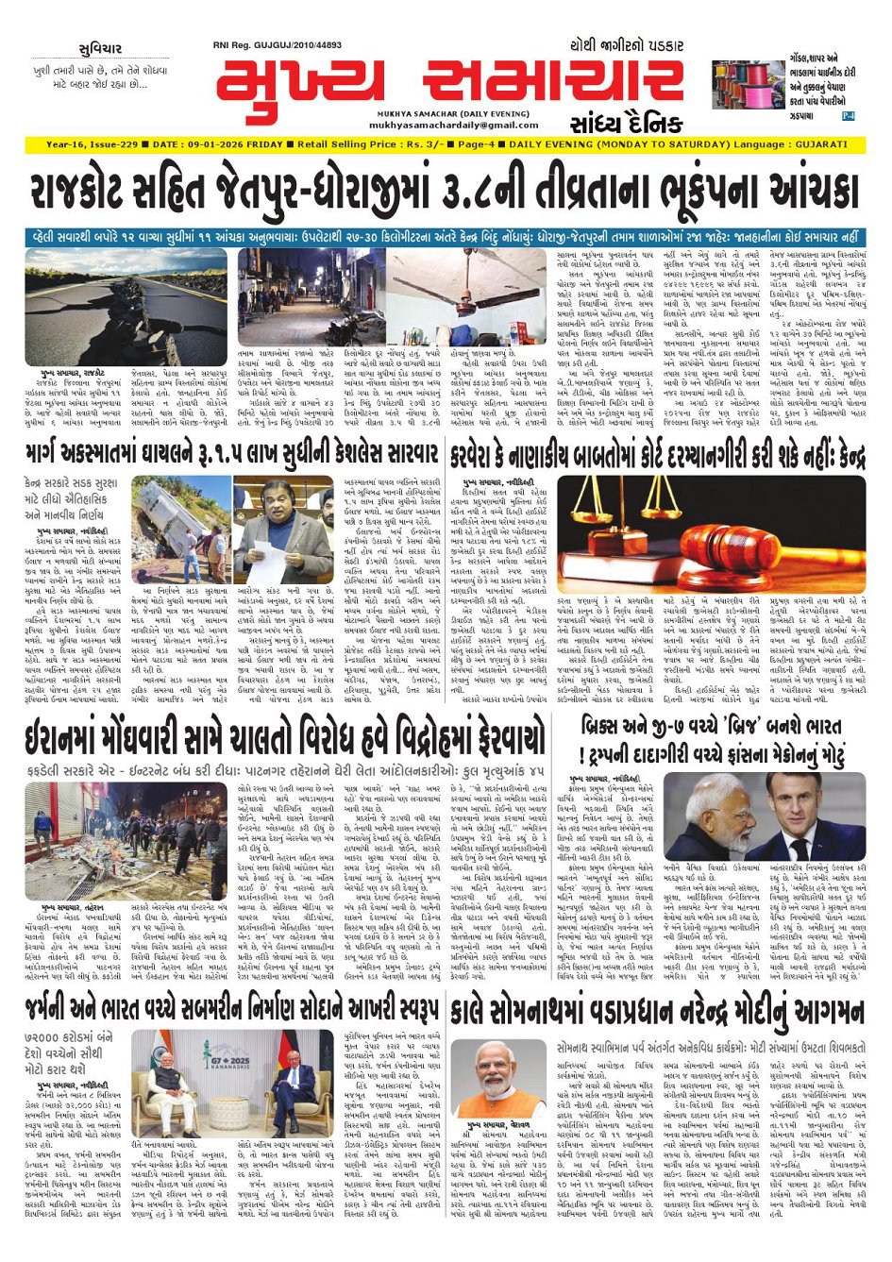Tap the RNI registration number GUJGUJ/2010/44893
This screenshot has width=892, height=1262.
[x=278, y=45]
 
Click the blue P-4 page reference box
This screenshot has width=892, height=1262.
[x=848, y=115]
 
